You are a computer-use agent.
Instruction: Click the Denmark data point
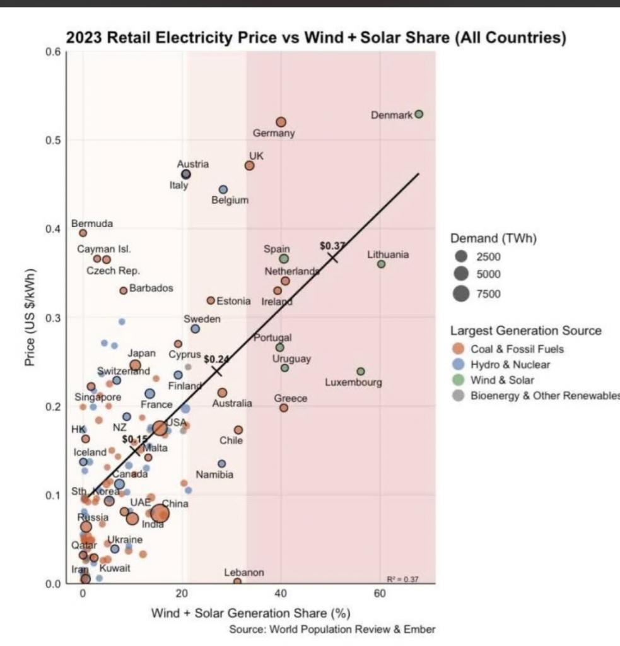(x=419, y=114)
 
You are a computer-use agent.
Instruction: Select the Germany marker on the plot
(x=281, y=122)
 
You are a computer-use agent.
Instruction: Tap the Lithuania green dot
(x=381, y=264)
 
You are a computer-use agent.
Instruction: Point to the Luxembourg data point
(x=360, y=372)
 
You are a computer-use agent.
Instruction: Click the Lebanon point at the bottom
(x=237, y=582)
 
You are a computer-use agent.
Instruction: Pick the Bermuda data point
(x=83, y=233)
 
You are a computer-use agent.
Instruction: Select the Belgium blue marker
(x=223, y=189)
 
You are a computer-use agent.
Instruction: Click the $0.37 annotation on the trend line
(x=332, y=245)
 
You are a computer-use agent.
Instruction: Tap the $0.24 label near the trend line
(x=216, y=359)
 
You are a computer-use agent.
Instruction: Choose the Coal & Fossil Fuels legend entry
(x=517, y=349)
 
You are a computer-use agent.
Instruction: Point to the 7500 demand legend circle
(x=462, y=293)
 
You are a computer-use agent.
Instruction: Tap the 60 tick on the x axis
(x=380, y=596)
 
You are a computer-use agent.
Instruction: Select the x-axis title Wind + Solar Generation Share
(x=250, y=613)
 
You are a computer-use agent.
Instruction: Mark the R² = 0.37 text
(x=403, y=579)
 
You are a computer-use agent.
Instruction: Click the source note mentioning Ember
(x=332, y=630)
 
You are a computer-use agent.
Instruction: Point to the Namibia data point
(x=221, y=464)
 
